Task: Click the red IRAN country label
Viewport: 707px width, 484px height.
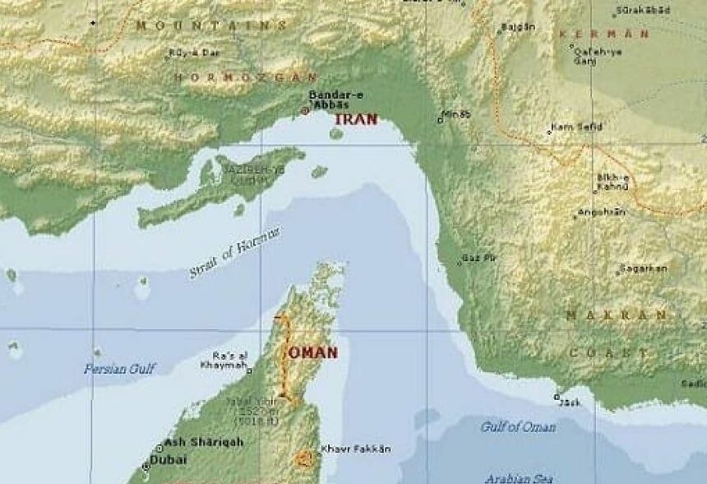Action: tap(356, 119)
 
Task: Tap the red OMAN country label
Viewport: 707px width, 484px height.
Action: tap(312, 352)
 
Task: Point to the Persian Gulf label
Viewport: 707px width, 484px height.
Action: tap(118, 369)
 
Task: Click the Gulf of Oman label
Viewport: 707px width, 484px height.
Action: tap(518, 426)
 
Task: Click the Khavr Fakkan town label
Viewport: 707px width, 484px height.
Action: tap(355, 449)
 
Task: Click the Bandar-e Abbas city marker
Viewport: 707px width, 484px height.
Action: tap(305, 110)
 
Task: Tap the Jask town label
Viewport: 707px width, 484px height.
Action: tap(569, 403)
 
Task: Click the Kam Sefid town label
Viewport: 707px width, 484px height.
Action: tap(579, 127)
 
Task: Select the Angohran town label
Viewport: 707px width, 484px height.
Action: tap(601, 212)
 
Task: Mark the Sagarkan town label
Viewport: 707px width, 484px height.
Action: tap(644, 268)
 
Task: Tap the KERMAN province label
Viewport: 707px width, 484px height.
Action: tap(603, 34)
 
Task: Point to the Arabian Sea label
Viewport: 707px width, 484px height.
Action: tap(517, 477)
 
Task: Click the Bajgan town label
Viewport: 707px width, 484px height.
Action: tap(519, 27)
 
